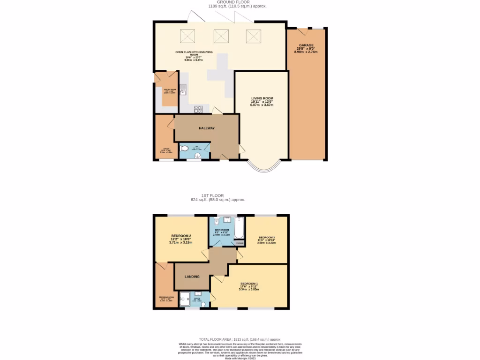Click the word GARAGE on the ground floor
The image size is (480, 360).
pyautogui.click(x=306, y=45)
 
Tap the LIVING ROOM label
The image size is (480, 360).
pyautogui.click(x=262, y=98)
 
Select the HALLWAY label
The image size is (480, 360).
pyautogui.click(x=207, y=128)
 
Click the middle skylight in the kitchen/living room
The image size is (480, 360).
pyautogui.click(x=220, y=36)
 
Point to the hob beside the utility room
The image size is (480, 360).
pyautogui.click(x=198, y=109)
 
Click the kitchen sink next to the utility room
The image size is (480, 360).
pyautogui.click(x=183, y=89)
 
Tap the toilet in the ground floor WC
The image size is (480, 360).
pyautogui.click(x=185, y=149)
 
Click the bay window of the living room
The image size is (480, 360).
pyautogui.click(x=262, y=165)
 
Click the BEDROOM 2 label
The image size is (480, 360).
pyautogui.click(x=181, y=236)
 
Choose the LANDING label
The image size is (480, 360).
pyautogui.click(x=192, y=277)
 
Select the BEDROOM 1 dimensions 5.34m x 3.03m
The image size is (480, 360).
pyautogui.click(x=249, y=289)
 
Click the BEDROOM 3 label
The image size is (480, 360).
pyautogui.click(x=266, y=238)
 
